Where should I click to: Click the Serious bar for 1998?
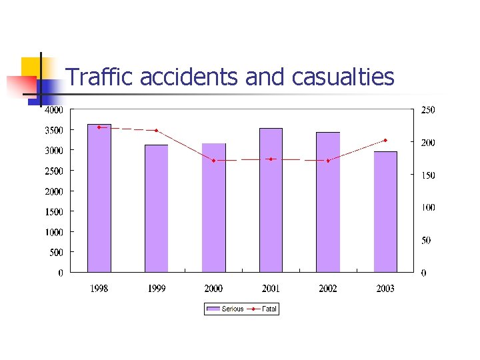click(99, 198)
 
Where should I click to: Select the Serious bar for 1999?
click(157, 208)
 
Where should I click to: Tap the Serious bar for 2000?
click(214, 207)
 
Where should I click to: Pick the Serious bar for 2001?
click(271, 200)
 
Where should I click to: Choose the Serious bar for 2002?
click(328, 202)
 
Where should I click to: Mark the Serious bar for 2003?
click(385, 211)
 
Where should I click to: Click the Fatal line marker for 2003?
click(385, 140)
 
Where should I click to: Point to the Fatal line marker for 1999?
click(157, 130)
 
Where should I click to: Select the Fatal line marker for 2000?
click(214, 161)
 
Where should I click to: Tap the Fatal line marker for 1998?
click(99, 127)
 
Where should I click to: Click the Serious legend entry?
click(225, 309)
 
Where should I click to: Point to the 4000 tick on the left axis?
click(54, 109)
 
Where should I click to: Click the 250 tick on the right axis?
click(427, 110)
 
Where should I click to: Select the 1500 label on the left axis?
click(54, 211)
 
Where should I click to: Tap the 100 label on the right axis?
click(427, 207)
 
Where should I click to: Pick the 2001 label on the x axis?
click(271, 289)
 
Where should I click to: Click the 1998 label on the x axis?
click(99, 289)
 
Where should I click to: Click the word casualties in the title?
click(343, 78)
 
